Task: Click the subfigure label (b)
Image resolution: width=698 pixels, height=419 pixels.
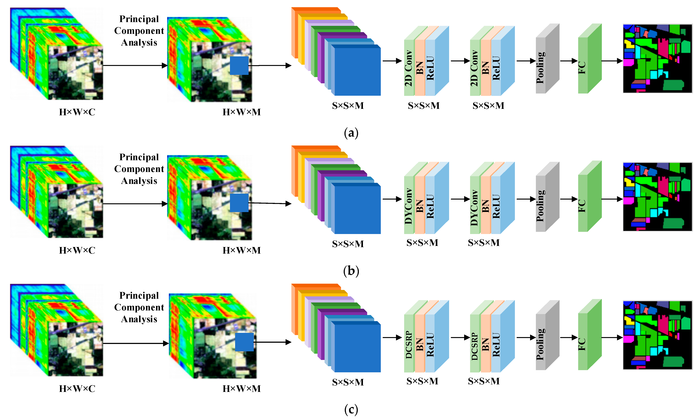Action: point(351,271)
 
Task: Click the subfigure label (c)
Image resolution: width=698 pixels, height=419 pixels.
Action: point(351,409)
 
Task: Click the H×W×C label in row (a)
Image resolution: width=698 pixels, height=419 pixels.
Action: point(77,112)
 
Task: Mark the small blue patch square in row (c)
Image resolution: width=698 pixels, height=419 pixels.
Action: point(244,342)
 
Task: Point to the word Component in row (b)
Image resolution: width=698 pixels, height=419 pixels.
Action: point(139,169)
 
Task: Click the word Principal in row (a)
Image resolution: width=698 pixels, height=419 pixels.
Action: point(139,19)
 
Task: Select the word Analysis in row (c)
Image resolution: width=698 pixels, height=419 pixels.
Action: point(139,319)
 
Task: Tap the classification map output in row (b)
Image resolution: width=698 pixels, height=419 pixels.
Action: point(657,197)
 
